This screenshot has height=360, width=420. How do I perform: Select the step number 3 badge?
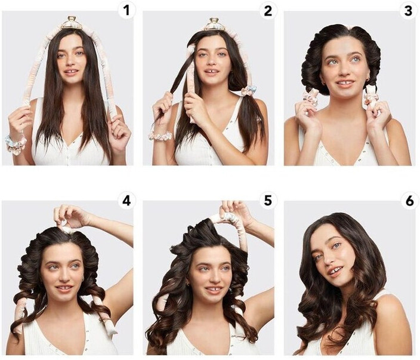point(408,10)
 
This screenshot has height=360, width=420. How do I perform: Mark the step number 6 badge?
point(409,201)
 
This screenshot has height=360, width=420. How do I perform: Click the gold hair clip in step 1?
point(72,22)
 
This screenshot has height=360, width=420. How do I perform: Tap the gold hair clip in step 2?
point(213,23)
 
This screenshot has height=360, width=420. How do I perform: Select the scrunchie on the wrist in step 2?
point(160,136)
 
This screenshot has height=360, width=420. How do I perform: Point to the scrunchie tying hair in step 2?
point(249,91)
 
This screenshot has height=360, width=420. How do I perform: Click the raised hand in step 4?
point(70,215)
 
